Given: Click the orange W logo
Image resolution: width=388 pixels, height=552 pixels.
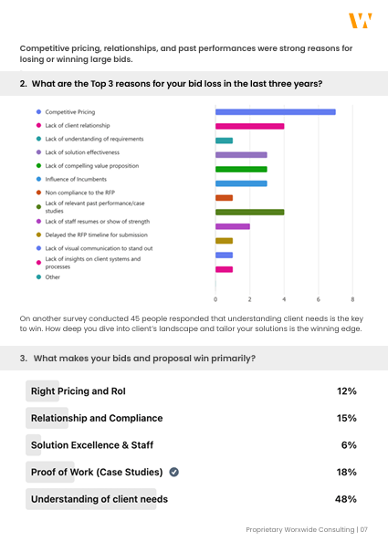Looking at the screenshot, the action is (361, 20).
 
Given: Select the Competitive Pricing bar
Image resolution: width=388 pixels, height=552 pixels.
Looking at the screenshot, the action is (275, 112).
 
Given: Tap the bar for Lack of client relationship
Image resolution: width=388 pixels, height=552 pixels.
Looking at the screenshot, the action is (250, 127).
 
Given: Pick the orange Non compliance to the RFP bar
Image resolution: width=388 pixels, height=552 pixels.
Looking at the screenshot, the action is (225, 198).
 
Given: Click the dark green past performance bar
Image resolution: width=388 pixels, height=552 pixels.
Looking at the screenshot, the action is (250, 212).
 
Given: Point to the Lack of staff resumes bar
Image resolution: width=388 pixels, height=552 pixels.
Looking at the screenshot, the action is (233, 226).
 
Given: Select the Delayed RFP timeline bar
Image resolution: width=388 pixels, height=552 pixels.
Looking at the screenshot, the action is (225, 241).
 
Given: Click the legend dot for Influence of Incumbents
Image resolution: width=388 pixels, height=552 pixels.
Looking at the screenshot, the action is (38, 179).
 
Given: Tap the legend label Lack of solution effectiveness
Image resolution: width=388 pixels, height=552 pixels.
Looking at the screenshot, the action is (82, 152).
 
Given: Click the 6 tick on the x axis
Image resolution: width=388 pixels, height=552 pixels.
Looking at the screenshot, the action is (319, 299).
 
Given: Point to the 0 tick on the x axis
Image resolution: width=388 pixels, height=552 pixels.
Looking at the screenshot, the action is (215, 299).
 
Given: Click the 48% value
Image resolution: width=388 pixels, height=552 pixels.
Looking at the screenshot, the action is (346, 499).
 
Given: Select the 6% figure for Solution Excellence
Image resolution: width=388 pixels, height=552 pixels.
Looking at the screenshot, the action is (349, 445).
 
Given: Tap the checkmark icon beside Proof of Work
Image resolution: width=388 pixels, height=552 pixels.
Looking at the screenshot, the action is (174, 472).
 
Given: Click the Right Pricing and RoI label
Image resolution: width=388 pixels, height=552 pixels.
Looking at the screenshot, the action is (79, 391).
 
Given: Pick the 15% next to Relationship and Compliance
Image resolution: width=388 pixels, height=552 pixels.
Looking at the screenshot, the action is (347, 418).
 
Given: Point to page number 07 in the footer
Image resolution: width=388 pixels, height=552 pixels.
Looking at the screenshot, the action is (363, 529).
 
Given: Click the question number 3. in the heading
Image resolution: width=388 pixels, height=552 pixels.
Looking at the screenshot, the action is (23, 359).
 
